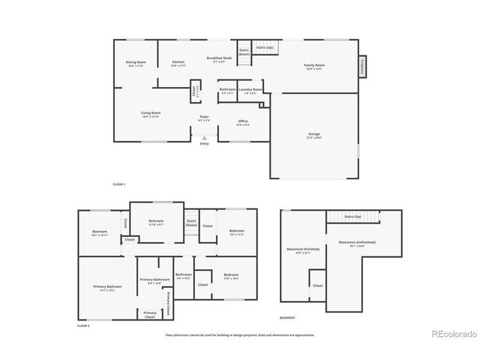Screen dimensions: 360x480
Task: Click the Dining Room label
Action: (x=136, y=62)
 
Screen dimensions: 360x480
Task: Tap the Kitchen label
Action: (x=178, y=62)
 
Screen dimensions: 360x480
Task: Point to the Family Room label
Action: (x=313, y=66)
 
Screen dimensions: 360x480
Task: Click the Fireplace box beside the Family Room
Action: (x=363, y=66)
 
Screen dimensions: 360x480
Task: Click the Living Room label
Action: (x=151, y=113)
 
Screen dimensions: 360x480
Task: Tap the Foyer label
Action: (x=204, y=117)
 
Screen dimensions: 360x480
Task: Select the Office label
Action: (x=243, y=121)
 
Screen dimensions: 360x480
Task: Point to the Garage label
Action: (x=313, y=135)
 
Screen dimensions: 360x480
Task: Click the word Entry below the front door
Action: (x=204, y=144)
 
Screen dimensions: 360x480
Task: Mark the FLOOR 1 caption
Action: (x=118, y=184)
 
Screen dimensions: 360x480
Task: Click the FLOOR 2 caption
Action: (x=83, y=326)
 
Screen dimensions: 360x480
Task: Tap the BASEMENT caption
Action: (x=286, y=318)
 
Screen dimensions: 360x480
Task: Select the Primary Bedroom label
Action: (x=107, y=287)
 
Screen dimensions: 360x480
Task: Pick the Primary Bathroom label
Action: (x=155, y=280)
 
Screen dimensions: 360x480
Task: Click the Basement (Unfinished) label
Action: (x=357, y=242)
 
